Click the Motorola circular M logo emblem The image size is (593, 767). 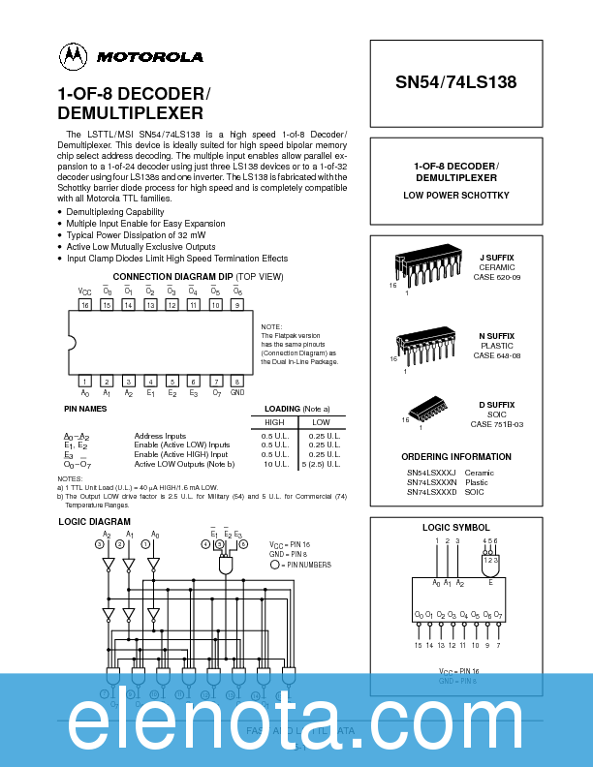[73, 56]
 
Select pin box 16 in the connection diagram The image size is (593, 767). [85, 305]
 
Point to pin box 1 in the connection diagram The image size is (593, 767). [85, 382]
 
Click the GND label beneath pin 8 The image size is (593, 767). [237, 393]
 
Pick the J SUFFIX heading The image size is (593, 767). [496, 258]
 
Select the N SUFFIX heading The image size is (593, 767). [496, 336]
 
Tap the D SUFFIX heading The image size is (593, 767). [496, 404]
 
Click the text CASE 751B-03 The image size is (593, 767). [496, 425]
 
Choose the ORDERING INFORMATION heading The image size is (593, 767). [457, 456]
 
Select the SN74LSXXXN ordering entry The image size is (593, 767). [432, 482]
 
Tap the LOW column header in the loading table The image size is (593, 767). [321, 422]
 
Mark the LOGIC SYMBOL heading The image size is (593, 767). [456, 527]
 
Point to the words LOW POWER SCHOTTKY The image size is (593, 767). [456, 196]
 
